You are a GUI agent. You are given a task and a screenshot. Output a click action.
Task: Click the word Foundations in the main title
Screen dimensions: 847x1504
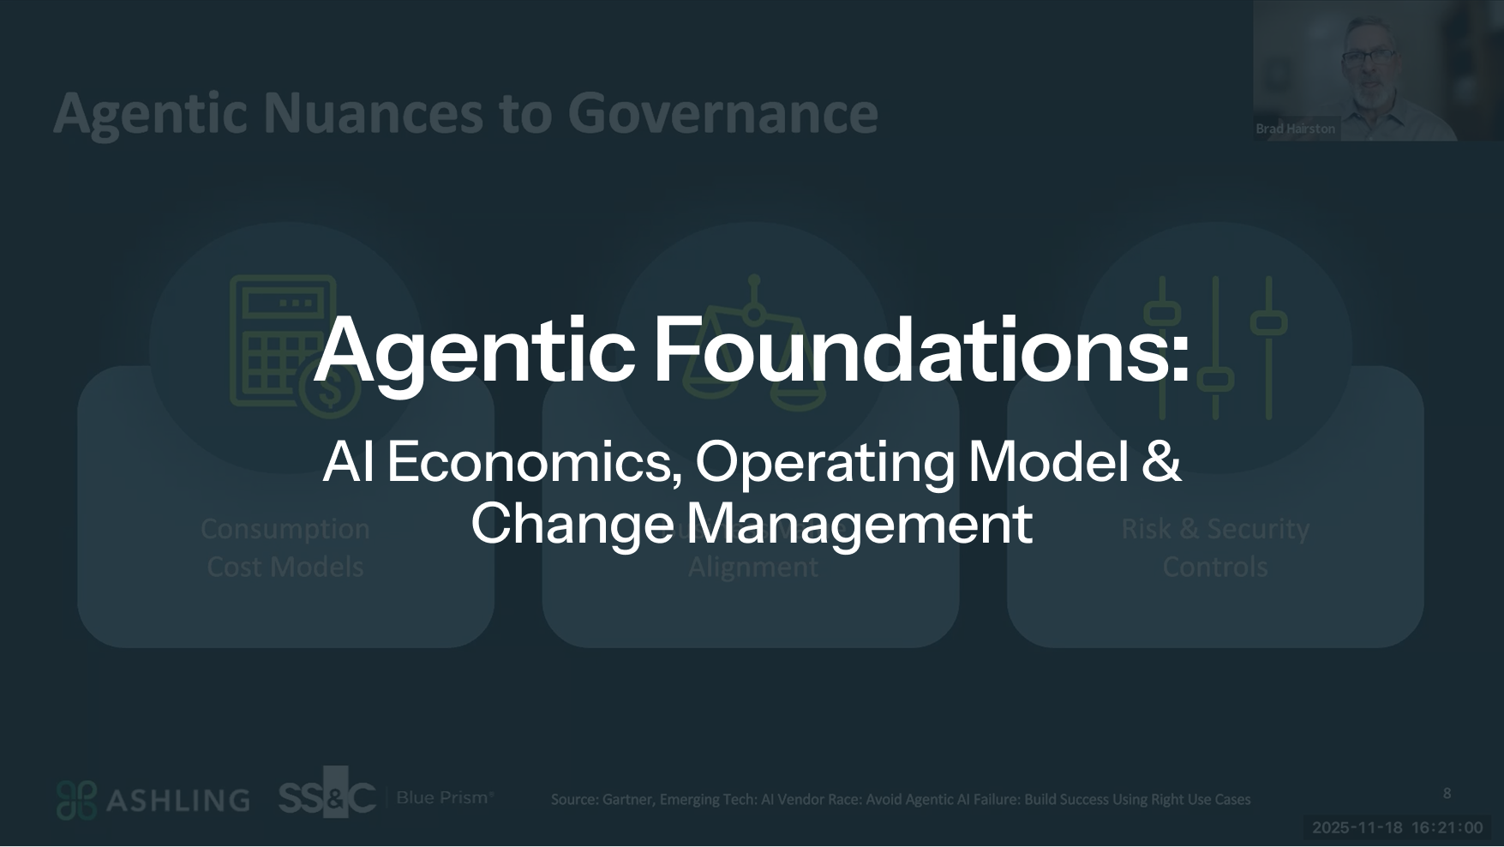coord(922,350)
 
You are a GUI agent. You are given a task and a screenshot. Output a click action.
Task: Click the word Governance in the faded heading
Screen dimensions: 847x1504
coord(722,113)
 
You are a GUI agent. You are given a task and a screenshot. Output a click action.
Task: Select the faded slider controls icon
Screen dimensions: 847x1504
coord(1215,346)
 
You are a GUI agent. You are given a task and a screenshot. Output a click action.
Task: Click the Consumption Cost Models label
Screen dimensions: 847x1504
coord(285,548)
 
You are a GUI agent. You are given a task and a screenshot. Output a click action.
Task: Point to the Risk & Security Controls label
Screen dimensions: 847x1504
coord(1215,548)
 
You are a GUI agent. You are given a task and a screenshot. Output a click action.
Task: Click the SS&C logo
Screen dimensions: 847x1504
coord(327,796)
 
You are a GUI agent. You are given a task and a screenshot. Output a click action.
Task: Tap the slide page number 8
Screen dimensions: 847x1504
coord(1447,793)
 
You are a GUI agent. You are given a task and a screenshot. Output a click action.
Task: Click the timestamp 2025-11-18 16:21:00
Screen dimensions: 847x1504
coord(1397,827)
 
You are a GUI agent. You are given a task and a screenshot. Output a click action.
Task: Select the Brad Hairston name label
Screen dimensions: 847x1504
coord(1295,129)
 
